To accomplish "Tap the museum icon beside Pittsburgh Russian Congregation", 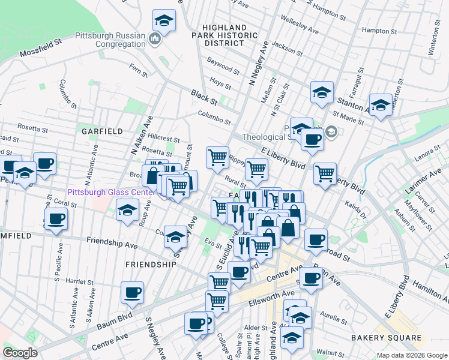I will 155,40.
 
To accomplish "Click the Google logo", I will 20,352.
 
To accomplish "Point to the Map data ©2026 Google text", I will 411,355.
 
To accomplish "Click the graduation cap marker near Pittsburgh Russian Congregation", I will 164,22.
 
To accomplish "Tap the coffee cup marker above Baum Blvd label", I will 132,293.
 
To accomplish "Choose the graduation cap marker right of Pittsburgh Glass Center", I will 127,211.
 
